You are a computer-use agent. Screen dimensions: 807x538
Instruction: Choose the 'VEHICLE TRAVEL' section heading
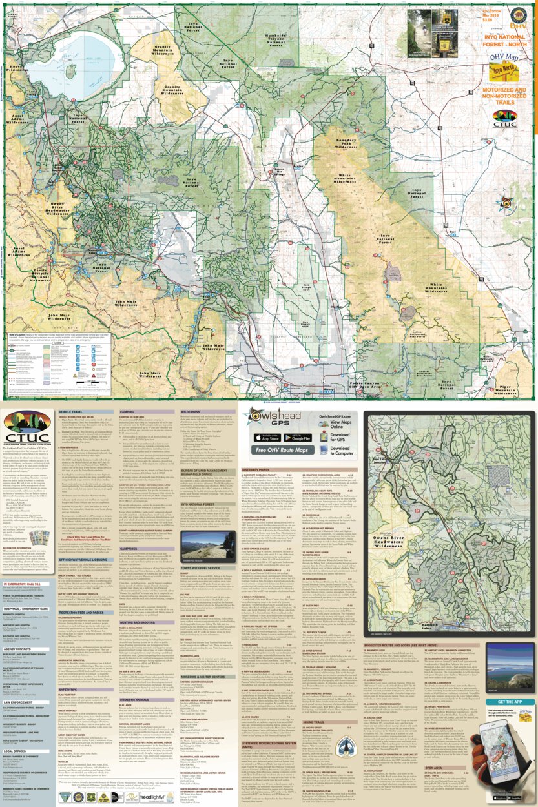tap(74, 411)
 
